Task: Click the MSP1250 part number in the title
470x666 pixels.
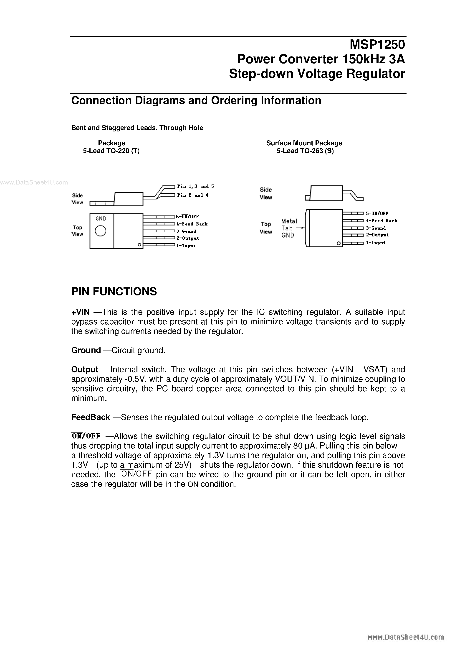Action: [x=377, y=44]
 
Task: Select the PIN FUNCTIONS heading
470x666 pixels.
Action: [x=114, y=292]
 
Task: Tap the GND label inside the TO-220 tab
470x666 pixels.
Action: [x=101, y=218]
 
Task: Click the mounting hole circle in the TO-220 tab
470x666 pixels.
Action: [x=100, y=231]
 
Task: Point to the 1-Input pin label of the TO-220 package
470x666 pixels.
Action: [x=186, y=246]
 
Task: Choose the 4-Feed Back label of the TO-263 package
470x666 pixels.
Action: [x=381, y=221]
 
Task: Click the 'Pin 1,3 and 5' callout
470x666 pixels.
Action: [x=196, y=186]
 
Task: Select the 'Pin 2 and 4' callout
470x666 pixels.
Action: [x=193, y=195]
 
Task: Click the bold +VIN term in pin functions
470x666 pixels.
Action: [x=80, y=312]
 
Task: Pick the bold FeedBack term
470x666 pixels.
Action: [x=90, y=417]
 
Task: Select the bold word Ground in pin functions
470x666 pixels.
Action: [x=86, y=350]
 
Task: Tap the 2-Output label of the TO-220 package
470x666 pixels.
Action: [x=187, y=238]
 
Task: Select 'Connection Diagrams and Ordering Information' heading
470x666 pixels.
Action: [x=196, y=100]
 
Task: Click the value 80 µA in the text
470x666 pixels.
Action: [x=303, y=446]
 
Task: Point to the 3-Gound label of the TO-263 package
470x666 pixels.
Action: [x=376, y=228]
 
